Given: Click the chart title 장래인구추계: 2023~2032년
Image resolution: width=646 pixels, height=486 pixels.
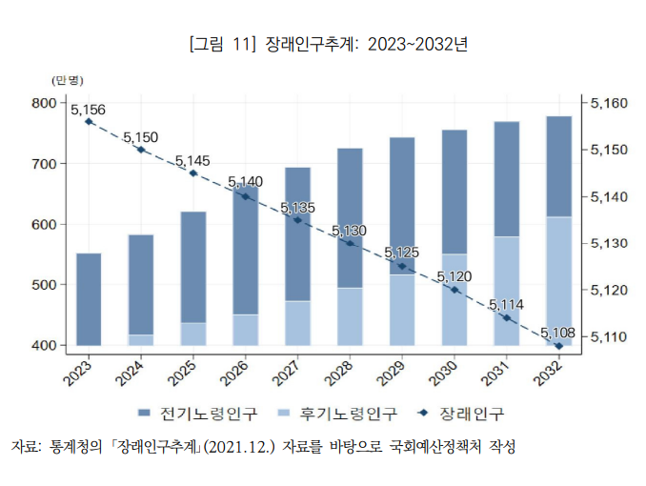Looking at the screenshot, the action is click(366, 45).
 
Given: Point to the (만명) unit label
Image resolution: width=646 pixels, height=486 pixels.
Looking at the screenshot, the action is click(67, 80).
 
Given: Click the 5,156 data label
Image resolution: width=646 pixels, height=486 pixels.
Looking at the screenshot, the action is click(88, 110).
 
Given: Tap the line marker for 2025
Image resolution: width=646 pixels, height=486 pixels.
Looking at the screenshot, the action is click(193, 173).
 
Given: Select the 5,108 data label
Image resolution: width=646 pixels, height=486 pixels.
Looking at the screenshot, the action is click(557, 333).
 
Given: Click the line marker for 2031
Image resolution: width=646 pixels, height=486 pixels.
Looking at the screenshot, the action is click(507, 318).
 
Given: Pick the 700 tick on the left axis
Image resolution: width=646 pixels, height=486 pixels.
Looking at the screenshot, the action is click(43, 164).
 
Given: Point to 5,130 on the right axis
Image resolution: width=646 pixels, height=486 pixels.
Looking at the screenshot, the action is click(609, 243).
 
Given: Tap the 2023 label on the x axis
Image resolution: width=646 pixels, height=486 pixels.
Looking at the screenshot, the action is click(77, 374).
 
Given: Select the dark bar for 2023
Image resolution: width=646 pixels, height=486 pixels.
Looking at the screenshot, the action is click(89, 299).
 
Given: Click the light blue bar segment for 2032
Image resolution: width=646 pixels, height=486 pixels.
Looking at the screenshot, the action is click(559, 281).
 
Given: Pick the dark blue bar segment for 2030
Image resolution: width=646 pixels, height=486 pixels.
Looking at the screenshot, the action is click(454, 192).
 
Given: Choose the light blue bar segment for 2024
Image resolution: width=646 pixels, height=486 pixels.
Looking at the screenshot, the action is click(141, 340).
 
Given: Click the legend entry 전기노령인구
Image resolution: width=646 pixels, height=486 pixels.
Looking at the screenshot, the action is click(197, 414).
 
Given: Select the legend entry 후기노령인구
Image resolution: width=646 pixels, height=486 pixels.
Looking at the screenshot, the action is click(337, 414).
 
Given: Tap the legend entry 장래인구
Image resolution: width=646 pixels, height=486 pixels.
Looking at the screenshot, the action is click(461, 414).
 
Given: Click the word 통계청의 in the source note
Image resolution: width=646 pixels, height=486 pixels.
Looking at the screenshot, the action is click(75, 447).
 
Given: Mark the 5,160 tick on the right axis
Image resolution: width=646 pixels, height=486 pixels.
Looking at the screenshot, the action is click(609, 103).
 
